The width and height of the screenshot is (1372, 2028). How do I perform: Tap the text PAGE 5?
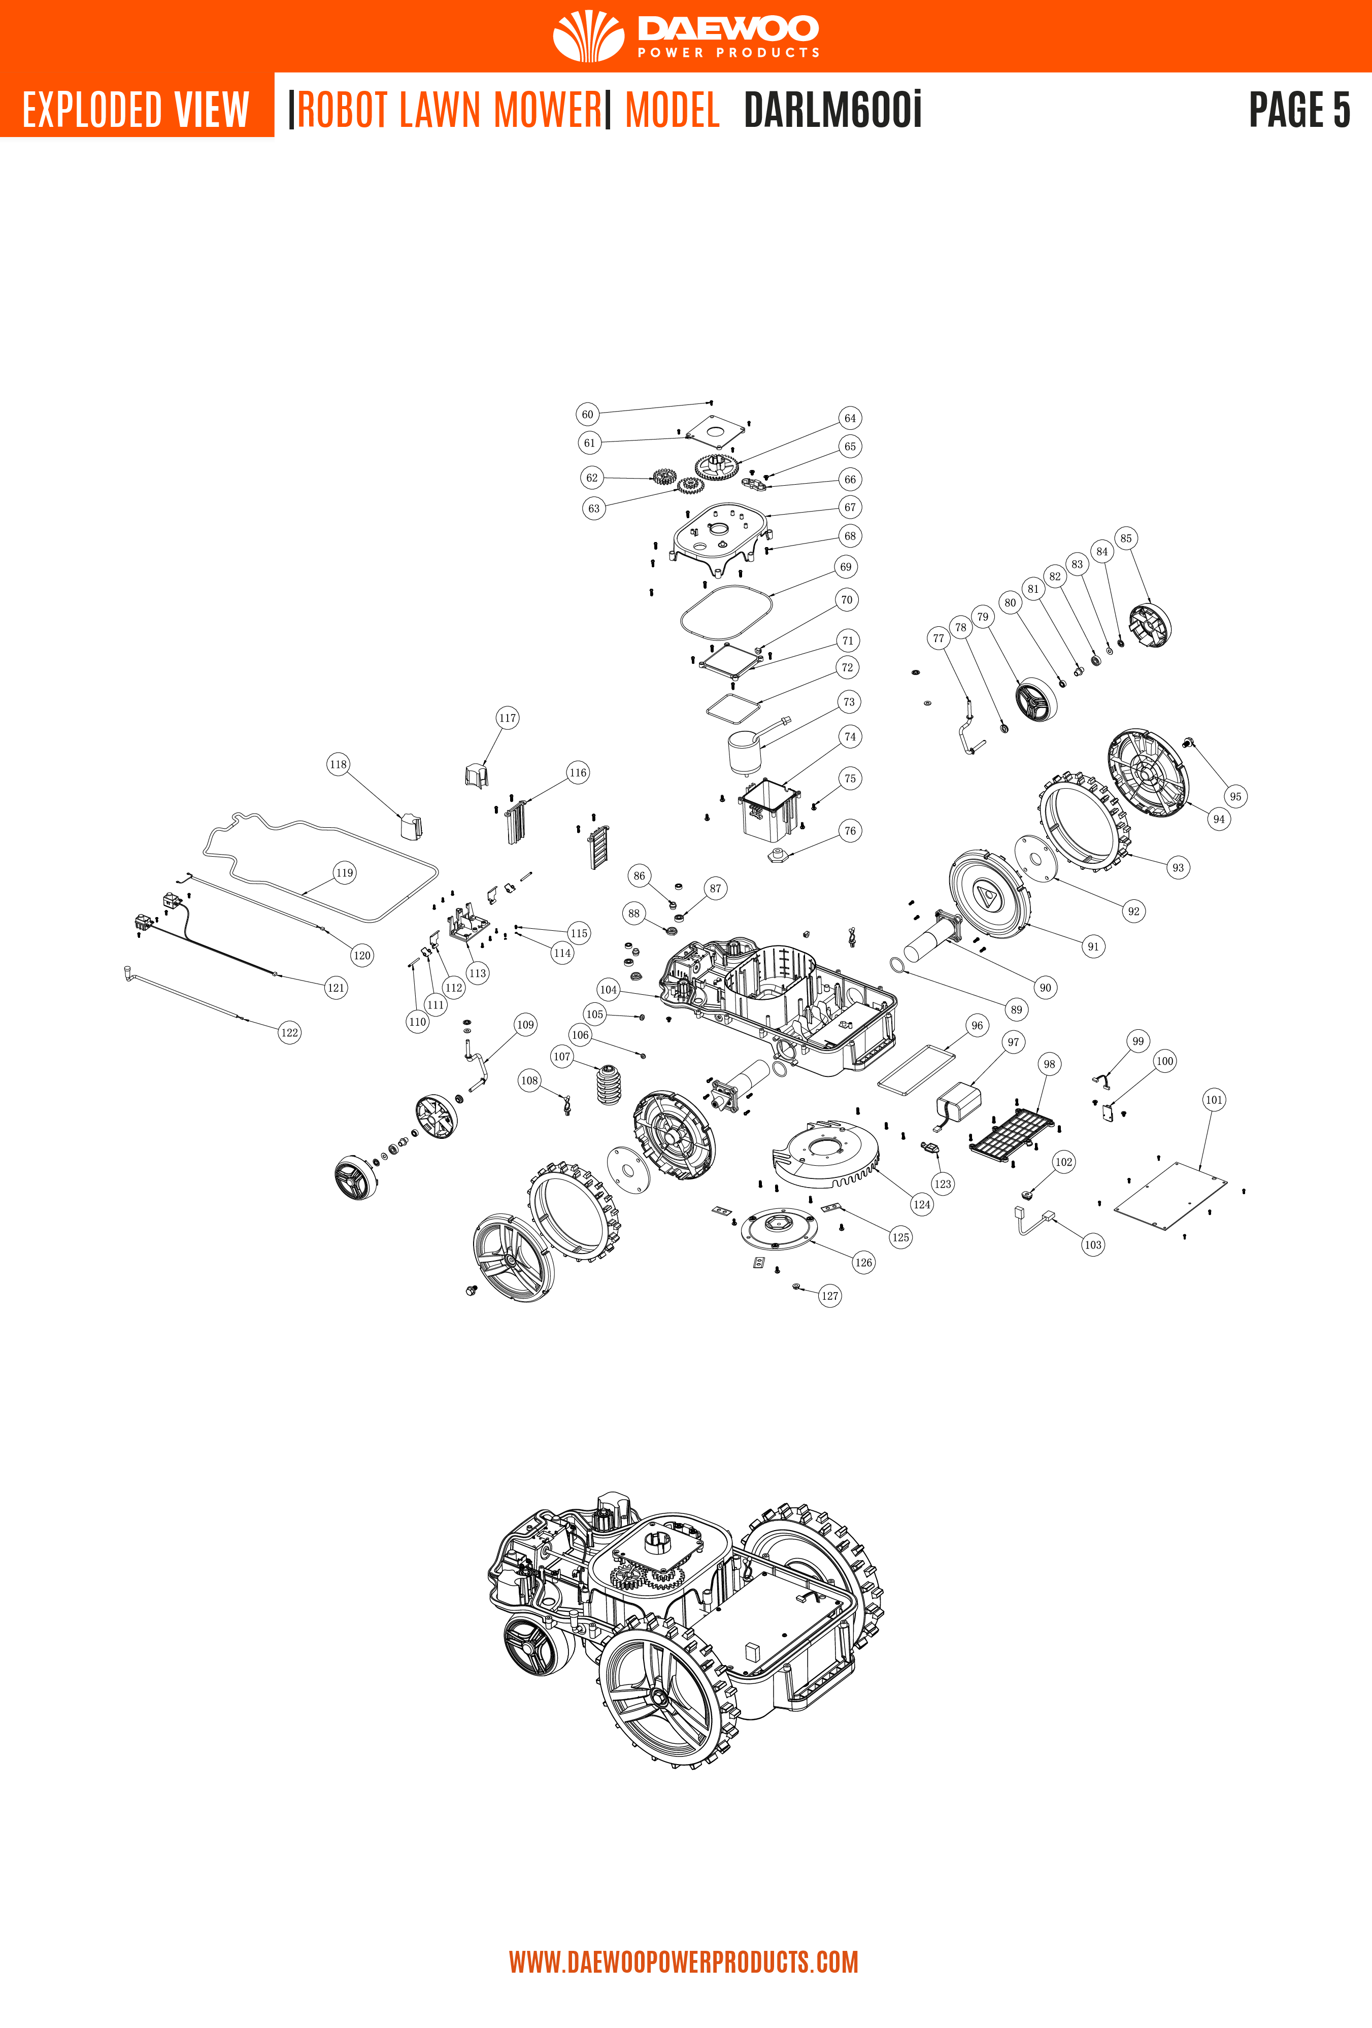click(x=1299, y=110)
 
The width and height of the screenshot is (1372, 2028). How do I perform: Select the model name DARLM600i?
click(x=832, y=110)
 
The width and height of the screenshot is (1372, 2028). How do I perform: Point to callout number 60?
click(x=587, y=415)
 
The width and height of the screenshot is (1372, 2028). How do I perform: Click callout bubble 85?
click(x=1126, y=538)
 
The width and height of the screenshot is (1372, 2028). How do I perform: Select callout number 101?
click(x=1213, y=1100)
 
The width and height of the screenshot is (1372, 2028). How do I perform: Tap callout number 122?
click(x=289, y=1032)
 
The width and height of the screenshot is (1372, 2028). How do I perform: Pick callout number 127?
click(x=829, y=1296)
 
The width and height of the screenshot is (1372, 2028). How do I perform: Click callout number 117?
click(x=507, y=718)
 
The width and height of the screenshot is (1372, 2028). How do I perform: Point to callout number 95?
click(x=1235, y=796)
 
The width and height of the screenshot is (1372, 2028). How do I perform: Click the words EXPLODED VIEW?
click(x=136, y=110)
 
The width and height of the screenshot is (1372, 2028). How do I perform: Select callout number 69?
click(x=845, y=567)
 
